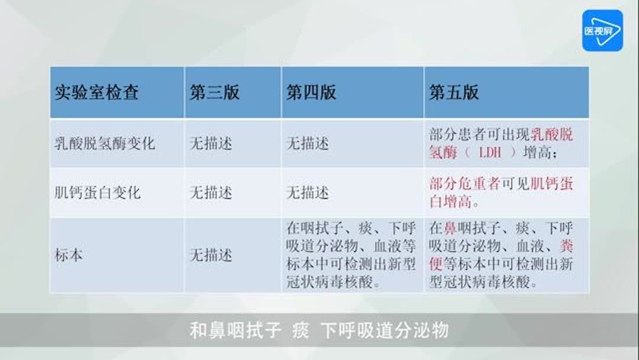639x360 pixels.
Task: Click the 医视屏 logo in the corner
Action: click(x=602, y=30)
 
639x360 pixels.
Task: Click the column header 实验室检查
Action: click(x=96, y=92)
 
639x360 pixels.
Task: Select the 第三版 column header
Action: click(x=214, y=92)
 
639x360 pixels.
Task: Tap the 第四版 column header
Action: click(x=311, y=92)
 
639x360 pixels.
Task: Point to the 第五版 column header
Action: click(x=454, y=92)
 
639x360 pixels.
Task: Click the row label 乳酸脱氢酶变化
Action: click(x=104, y=143)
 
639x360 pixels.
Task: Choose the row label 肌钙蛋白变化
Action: click(x=97, y=192)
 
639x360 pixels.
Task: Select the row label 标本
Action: click(x=69, y=256)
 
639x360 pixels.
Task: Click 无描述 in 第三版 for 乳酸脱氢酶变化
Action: click(x=211, y=143)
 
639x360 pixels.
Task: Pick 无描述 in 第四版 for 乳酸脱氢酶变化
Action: click(x=308, y=143)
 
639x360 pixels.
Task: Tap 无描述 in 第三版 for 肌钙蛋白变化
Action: click(x=211, y=192)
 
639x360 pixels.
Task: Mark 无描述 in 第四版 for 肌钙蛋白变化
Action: click(x=308, y=192)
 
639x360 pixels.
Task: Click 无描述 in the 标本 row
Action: click(x=211, y=256)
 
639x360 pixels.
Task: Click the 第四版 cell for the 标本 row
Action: click(x=351, y=255)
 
